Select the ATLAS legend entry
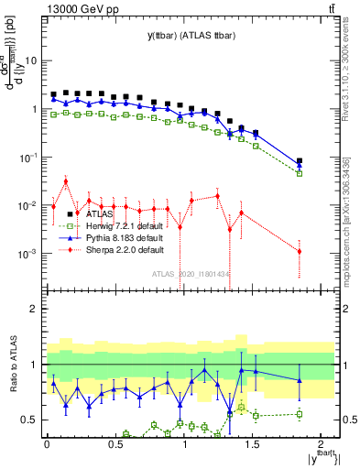100,213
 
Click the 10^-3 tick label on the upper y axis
29,253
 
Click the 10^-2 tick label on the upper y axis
29,205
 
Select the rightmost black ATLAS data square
300,161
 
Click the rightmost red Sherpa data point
300,252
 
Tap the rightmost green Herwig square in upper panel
300,173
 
